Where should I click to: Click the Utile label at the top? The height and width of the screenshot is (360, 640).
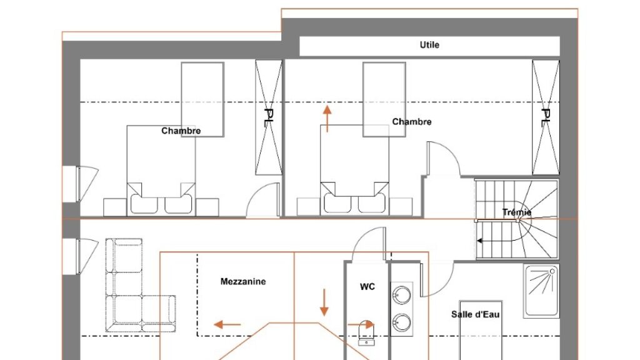(429, 45)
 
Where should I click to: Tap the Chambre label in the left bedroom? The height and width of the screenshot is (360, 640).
(181, 131)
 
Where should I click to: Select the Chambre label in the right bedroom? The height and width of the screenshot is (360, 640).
(412, 122)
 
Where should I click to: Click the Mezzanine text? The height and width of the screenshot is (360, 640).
(243, 282)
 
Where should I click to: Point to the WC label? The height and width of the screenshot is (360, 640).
(367, 287)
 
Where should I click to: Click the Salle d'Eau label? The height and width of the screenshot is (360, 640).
(476, 314)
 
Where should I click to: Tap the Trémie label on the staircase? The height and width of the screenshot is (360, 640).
(517, 212)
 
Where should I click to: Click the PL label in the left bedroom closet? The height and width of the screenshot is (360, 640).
(269, 117)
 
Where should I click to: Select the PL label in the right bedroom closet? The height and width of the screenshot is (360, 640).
(545, 117)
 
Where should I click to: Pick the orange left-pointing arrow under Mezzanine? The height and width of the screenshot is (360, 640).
(227, 324)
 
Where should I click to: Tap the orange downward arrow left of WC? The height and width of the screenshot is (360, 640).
(324, 302)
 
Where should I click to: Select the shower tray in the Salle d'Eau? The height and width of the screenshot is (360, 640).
(541, 290)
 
